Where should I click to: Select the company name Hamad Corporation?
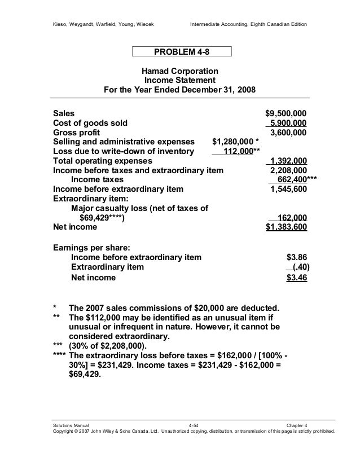[179, 72]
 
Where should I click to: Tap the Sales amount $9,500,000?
[286, 113]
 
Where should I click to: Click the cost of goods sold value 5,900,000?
[288, 123]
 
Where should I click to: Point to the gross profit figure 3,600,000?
[288, 133]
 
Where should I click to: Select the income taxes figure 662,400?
[288, 180]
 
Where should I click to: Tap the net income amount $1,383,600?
[286, 227]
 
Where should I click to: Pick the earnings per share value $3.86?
[297, 257]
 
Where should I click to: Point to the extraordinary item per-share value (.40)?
[298, 267]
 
